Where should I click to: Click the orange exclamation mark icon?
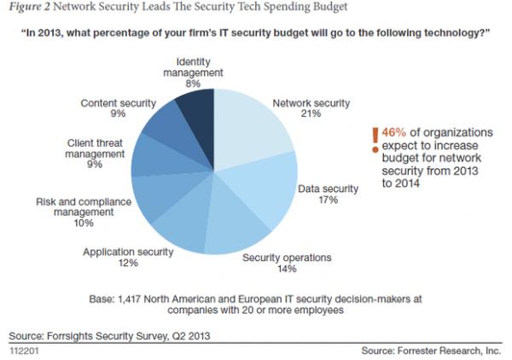point(373,140)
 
